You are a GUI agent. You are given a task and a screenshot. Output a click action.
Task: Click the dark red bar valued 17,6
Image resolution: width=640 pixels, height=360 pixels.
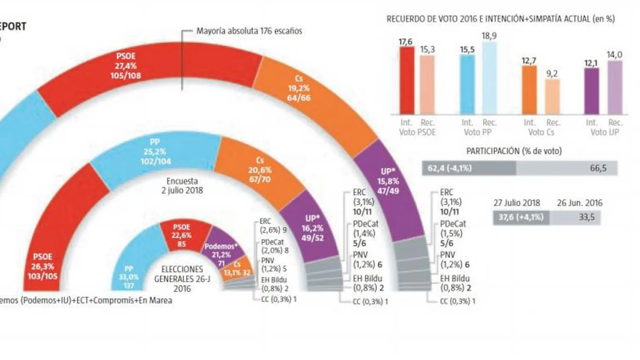[407, 81]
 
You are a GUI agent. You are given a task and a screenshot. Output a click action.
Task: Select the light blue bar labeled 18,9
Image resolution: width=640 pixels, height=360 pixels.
[489, 78]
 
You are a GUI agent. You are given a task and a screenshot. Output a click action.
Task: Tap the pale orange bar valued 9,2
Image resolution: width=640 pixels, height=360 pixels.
[552, 97]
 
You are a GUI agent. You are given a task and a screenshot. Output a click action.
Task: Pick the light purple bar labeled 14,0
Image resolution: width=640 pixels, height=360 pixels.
[614, 88]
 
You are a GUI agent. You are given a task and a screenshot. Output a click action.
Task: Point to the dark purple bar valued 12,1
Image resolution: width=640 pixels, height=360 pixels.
[591, 91]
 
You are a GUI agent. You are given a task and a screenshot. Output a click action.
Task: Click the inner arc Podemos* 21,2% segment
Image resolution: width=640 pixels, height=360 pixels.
[224, 249]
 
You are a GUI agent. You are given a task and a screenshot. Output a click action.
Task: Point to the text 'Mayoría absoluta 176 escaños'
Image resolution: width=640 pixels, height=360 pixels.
[249, 31]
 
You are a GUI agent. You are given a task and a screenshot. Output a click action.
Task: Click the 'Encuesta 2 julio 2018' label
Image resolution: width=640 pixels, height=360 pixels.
[182, 186]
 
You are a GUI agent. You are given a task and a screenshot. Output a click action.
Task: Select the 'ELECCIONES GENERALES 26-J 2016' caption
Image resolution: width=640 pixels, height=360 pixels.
[182, 279]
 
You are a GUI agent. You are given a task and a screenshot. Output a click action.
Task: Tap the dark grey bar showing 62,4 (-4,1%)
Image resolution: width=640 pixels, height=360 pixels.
[469, 168]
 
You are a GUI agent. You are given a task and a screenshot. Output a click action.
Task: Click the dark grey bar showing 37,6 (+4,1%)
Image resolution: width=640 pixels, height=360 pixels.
[521, 217]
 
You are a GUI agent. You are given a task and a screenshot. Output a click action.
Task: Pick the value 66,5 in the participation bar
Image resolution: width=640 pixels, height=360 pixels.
[598, 168]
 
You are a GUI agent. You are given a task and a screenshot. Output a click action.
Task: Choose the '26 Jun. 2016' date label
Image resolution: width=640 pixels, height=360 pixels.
[579, 203]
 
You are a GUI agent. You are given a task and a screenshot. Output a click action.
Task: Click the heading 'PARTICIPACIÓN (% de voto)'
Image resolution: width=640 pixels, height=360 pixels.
[514, 151]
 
